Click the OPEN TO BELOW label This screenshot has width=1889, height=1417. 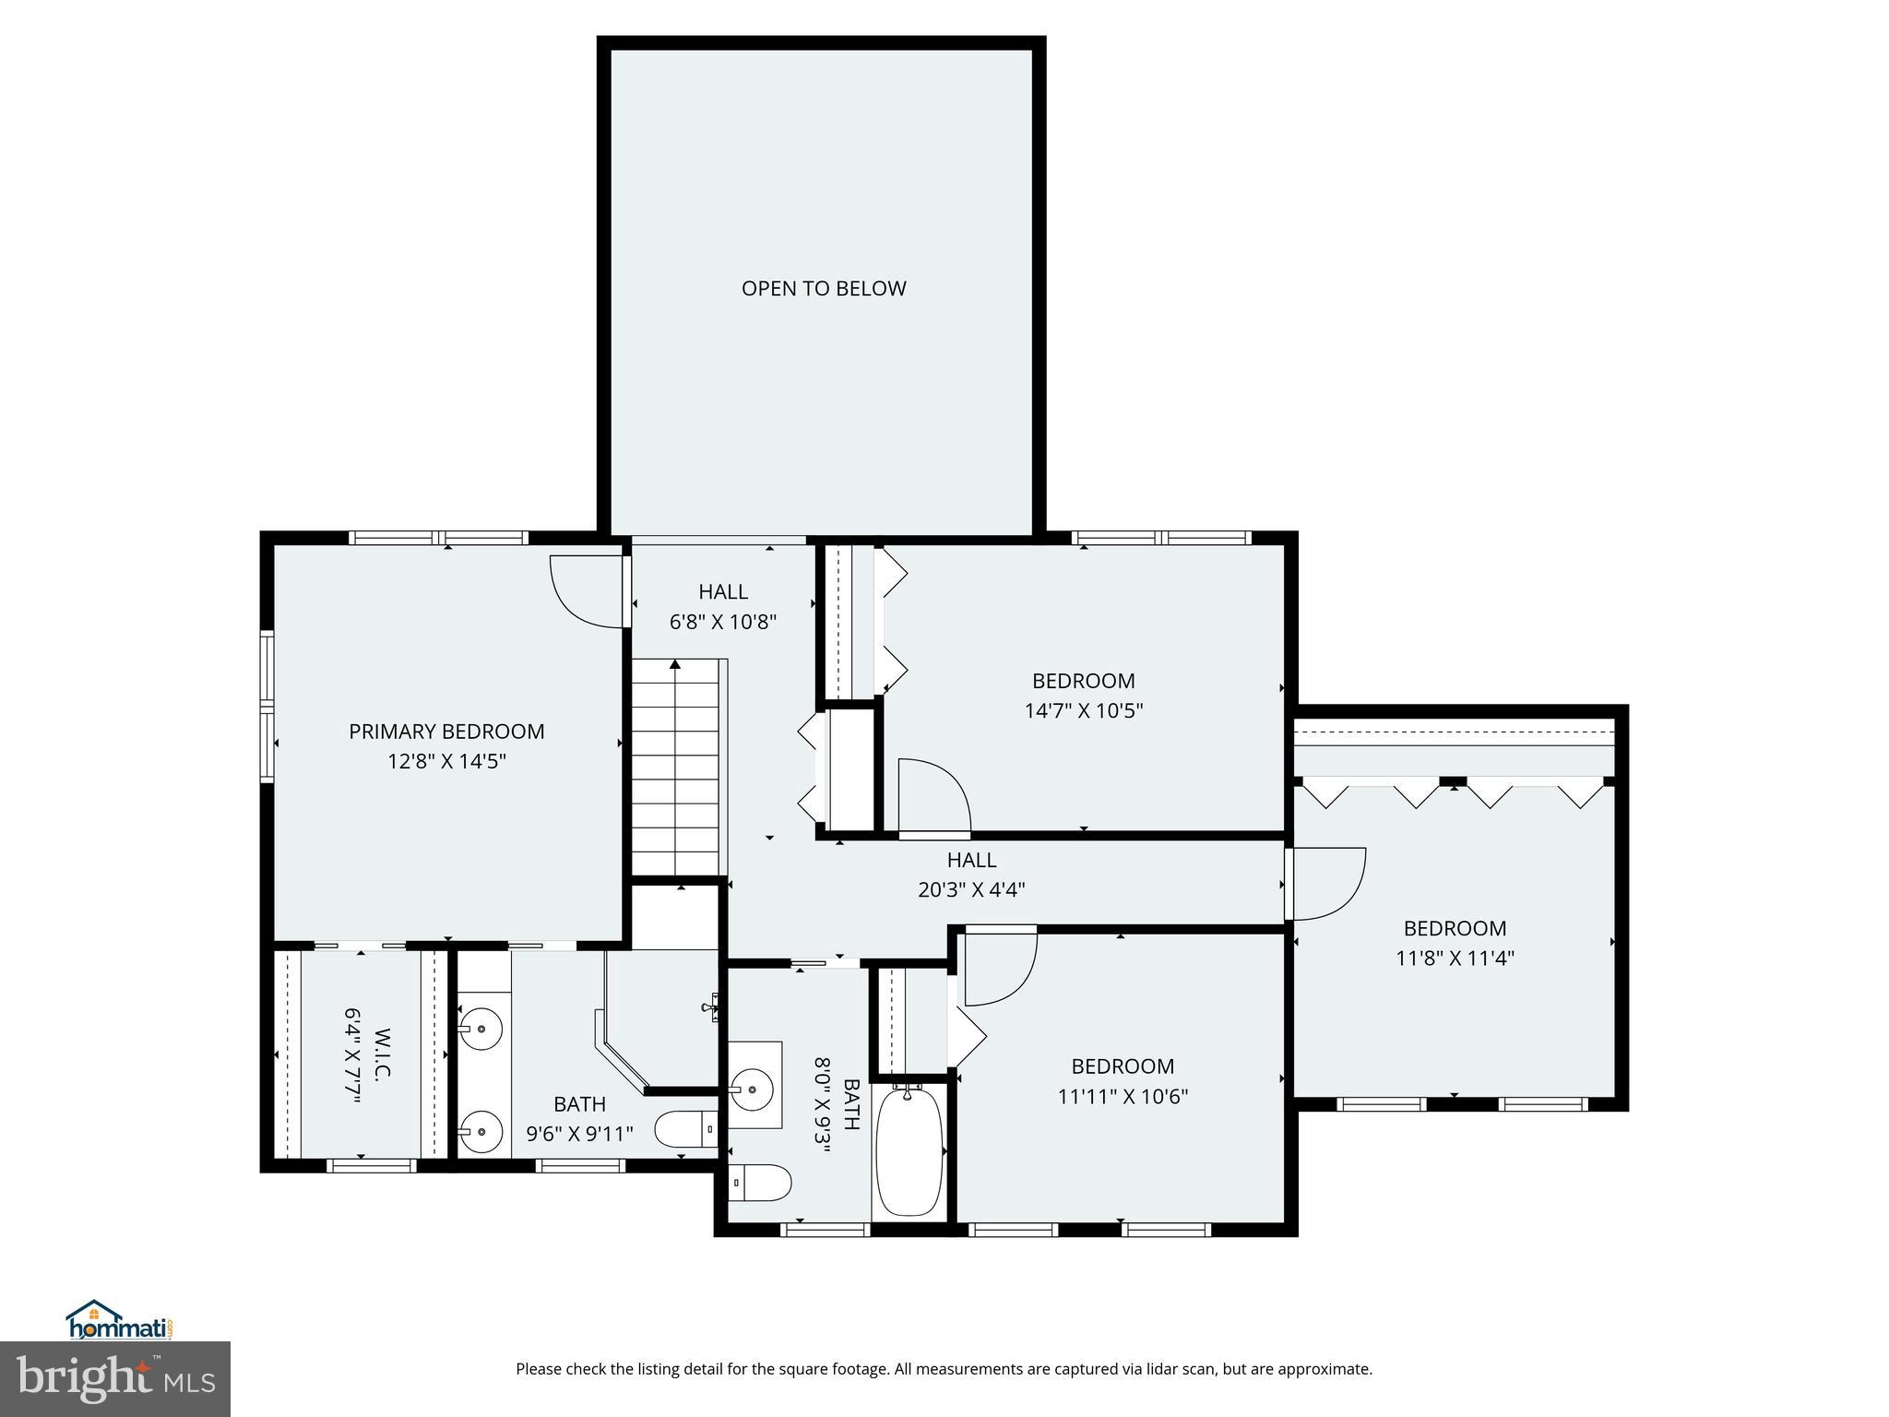tap(824, 289)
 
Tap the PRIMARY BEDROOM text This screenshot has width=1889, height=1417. tap(446, 732)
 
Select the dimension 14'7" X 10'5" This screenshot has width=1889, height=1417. tap(1084, 711)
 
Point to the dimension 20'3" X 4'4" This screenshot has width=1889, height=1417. tap(971, 890)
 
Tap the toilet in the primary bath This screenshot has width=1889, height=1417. tap(683, 1129)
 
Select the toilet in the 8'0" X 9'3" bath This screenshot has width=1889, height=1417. tap(761, 1182)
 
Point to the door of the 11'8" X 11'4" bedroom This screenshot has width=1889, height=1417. tap(1326, 884)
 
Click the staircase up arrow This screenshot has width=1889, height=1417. tap(675, 664)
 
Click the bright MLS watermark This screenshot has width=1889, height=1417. tap(115, 1379)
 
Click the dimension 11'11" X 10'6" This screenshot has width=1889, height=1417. tap(1123, 1097)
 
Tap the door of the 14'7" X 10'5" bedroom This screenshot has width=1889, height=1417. tap(933, 796)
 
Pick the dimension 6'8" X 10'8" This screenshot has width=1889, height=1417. tap(723, 622)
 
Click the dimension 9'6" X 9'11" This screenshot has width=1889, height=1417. tap(580, 1134)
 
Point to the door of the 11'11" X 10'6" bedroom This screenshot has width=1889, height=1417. tap(999, 969)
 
